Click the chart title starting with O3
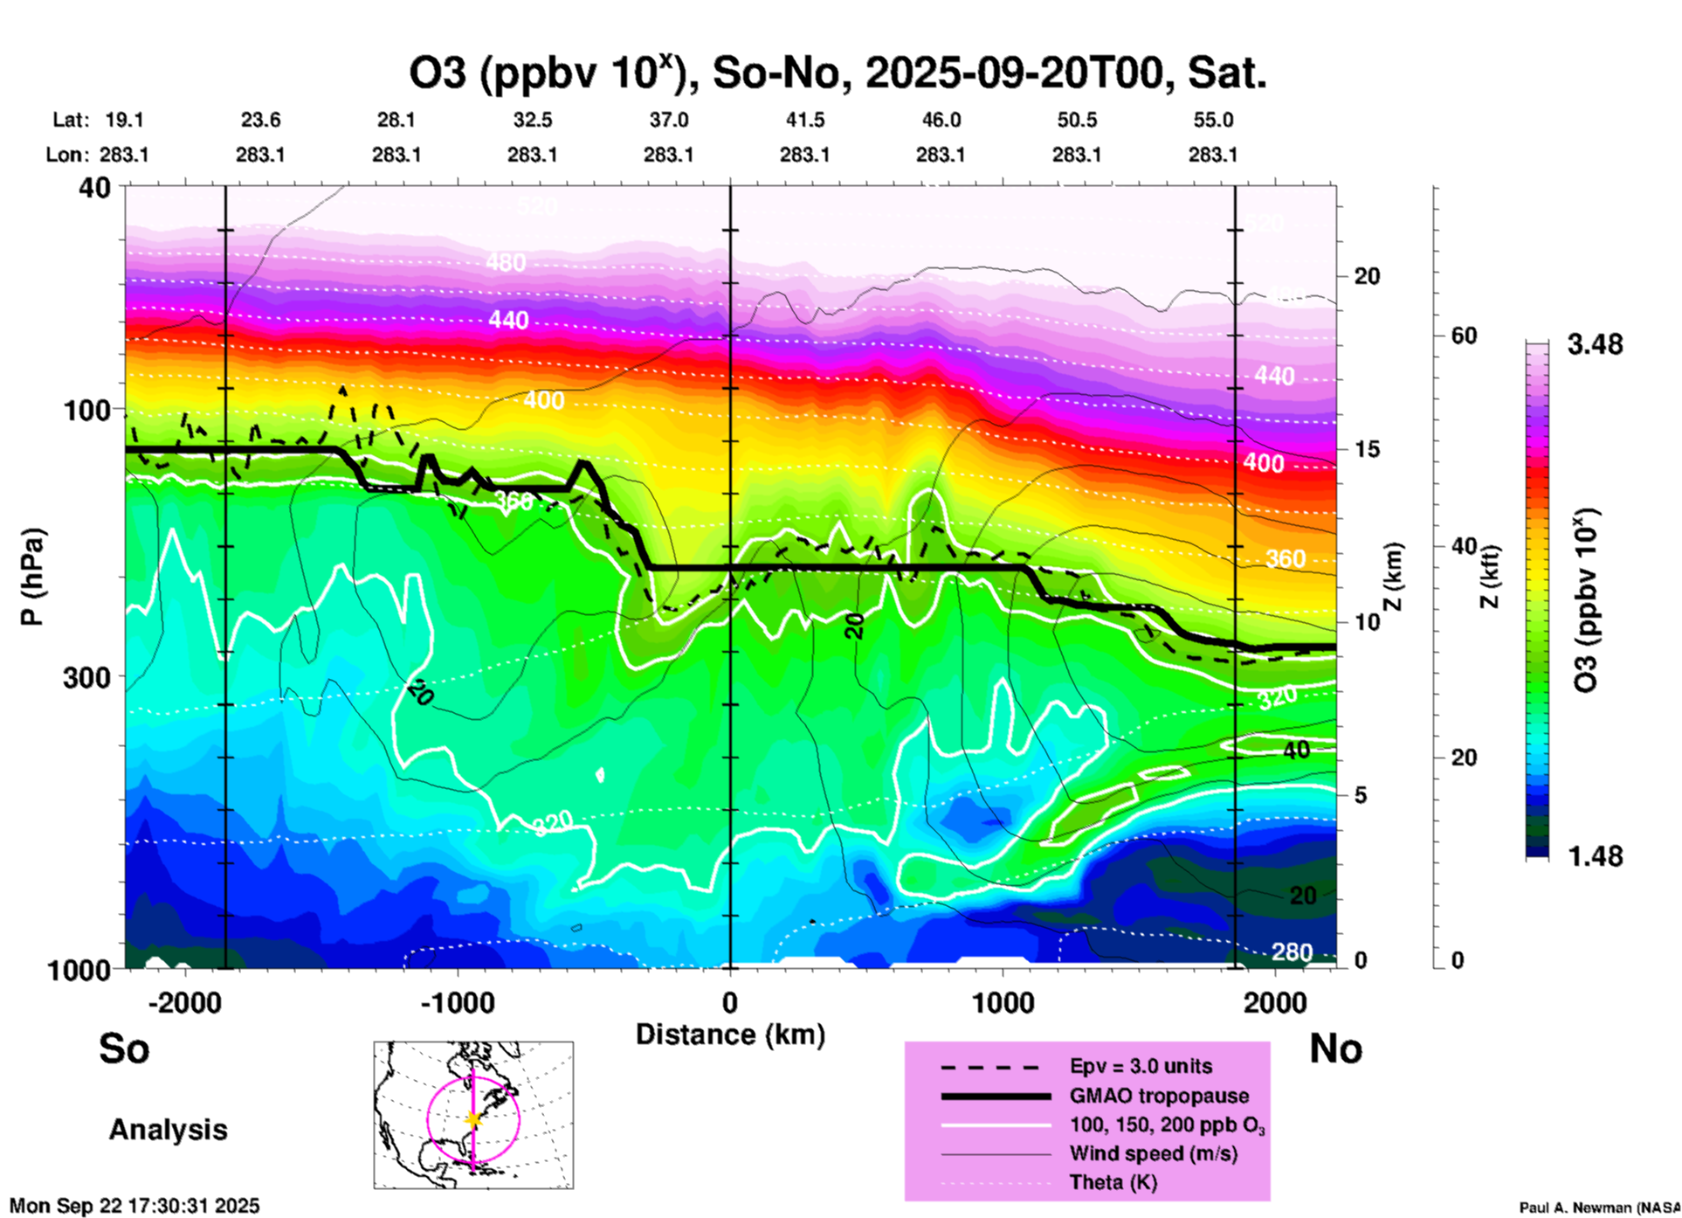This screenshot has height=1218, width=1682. [837, 73]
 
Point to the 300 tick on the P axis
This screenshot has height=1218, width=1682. [87, 677]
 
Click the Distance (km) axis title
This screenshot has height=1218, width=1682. [730, 1035]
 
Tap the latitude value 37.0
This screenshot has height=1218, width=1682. [668, 120]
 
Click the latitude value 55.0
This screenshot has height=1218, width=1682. [1213, 120]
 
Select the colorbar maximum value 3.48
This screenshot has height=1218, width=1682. [1595, 345]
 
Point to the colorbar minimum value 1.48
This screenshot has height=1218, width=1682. [1595, 856]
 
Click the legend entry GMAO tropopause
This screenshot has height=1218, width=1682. [1159, 1096]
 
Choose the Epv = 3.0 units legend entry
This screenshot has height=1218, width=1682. [1141, 1067]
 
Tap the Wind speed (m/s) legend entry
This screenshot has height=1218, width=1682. [1153, 1154]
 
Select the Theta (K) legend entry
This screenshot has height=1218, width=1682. [1113, 1183]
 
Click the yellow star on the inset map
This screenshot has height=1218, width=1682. [473, 1119]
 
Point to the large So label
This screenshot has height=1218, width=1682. [124, 1048]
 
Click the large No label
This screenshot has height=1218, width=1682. [1335, 1048]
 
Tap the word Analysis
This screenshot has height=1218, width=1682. [168, 1130]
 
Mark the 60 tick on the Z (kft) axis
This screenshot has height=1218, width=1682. [1464, 336]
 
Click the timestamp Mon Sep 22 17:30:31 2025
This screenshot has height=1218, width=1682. [134, 1206]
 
